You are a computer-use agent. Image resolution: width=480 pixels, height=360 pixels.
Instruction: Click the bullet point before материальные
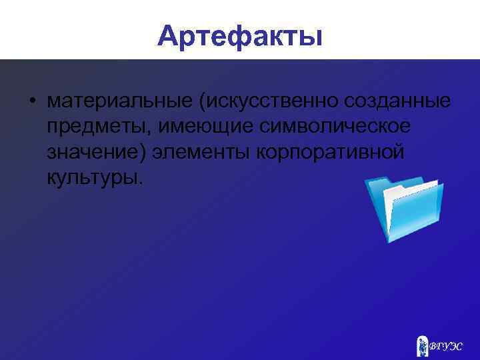point(31,101)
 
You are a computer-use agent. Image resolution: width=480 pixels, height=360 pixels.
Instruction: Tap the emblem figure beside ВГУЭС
point(422,344)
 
